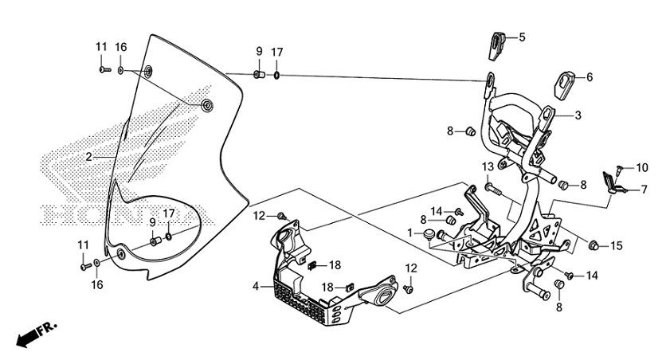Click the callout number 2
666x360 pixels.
tap(89, 157)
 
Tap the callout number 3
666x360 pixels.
tap(578, 115)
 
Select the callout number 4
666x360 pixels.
tap(257, 285)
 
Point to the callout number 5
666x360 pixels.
tap(523, 37)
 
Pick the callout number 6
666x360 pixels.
tap(590, 77)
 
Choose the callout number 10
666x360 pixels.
tap(642, 168)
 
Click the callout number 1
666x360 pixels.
tap(410, 233)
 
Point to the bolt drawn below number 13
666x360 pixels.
tap(492, 190)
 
